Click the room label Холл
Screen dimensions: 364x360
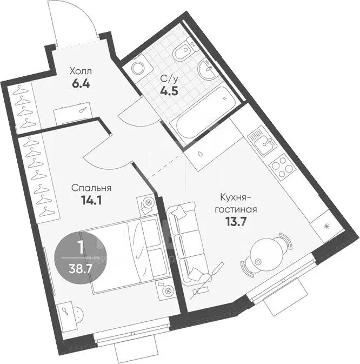(x=81, y=71)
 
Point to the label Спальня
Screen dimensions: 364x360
(x=91, y=188)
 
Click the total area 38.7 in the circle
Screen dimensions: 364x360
(x=80, y=267)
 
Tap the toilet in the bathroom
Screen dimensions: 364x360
(x=182, y=54)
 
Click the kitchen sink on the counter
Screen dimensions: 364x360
(x=262, y=140)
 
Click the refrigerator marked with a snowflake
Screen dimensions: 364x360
(x=325, y=225)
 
